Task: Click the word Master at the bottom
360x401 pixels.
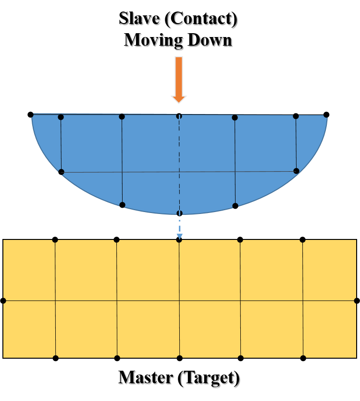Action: point(146,379)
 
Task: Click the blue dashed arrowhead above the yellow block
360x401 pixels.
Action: point(179,237)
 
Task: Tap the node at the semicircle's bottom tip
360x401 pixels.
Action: point(179,213)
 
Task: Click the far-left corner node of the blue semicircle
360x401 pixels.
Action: point(30,114)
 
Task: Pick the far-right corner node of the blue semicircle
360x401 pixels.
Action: point(326,114)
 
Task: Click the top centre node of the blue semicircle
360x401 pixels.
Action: point(179,116)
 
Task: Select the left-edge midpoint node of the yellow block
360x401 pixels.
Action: point(3,301)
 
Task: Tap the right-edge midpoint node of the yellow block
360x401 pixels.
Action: point(357,301)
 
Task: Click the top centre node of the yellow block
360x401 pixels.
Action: point(179,239)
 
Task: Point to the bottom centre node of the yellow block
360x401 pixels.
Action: point(179,358)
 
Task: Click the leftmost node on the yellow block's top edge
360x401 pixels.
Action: point(55,239)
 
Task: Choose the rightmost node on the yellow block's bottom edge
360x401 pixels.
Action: point(303,358)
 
